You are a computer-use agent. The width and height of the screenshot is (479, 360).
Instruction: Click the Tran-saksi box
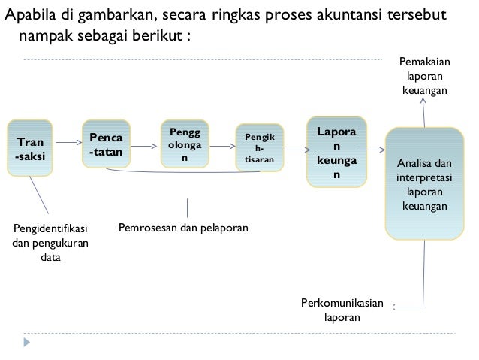(x=30, y=147)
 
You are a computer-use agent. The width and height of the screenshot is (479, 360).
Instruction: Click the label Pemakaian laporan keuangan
(x=425, y=77)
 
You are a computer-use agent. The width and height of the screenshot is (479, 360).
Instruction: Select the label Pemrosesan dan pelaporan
(x=185, y=226)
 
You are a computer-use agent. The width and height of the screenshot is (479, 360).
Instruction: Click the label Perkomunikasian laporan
(x=342, y=310)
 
